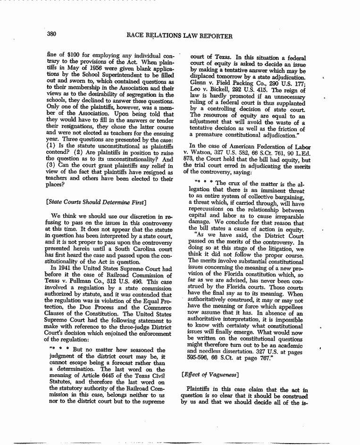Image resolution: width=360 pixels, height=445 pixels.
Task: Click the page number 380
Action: pos(52,35)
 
